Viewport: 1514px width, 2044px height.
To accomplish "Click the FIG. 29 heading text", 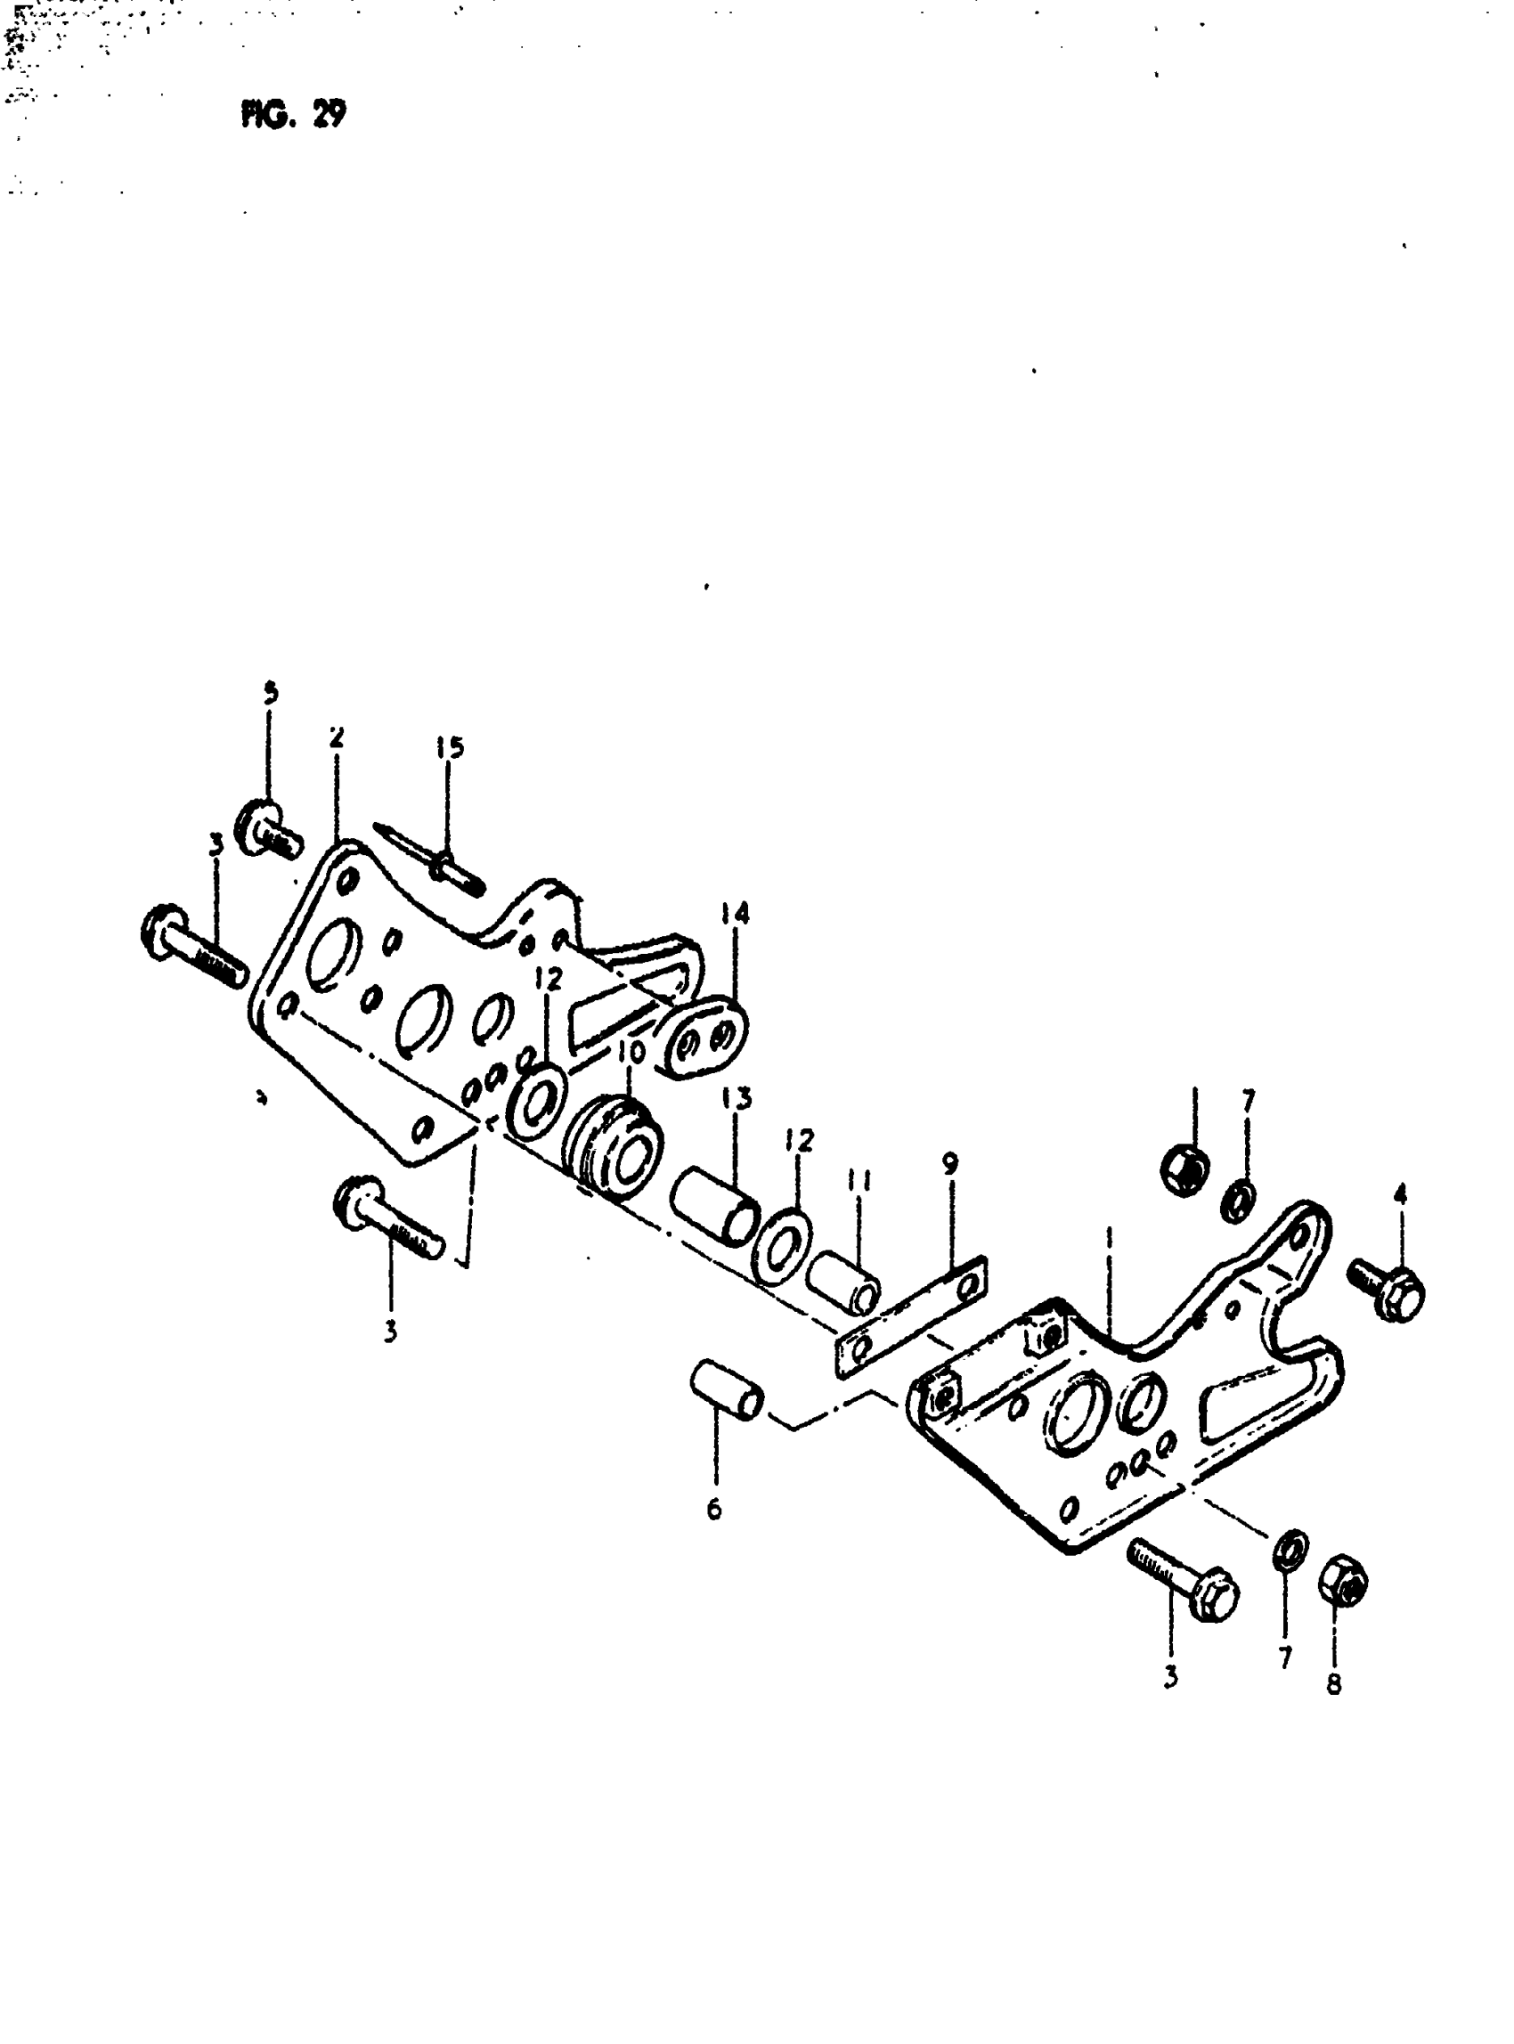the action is coord(293,115).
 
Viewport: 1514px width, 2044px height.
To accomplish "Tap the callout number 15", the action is coord(449,748).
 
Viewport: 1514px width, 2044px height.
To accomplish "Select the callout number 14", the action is coord(734,914).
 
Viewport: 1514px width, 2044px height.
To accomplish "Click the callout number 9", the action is coord(950,1163).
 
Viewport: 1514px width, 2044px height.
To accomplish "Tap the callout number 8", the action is coord(1333,1684).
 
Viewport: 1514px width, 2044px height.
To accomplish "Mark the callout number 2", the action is coord(337,737).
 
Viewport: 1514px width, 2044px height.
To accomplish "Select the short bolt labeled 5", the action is coord(270,827).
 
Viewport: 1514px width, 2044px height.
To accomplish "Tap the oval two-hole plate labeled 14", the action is coord(707,1038).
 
